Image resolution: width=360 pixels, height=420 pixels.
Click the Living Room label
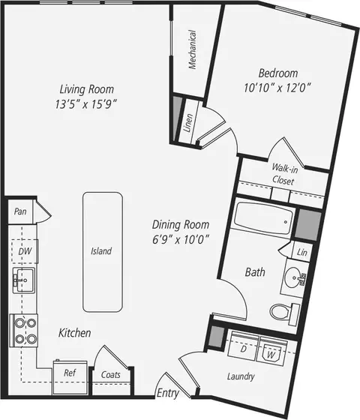(86, 89)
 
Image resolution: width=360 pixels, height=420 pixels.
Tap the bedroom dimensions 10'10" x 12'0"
(277, 88)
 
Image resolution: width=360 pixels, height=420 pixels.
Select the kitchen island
(103, 252)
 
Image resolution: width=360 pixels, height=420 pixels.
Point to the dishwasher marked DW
(25, 251)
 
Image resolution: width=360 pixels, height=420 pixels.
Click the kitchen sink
(23, 280)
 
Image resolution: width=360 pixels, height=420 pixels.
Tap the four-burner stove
(24, 331)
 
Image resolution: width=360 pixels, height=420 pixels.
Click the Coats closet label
(111, 374)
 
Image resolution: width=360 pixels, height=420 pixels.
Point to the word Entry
(168, 393)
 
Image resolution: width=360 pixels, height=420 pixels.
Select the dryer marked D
(243, 346)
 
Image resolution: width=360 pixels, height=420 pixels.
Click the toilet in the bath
(284, 313)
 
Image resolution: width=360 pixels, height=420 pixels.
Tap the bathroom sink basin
(294, 277)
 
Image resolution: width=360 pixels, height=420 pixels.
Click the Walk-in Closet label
(284, 174)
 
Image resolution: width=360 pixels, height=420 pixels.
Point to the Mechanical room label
(192, 49)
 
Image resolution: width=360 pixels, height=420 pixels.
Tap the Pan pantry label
(20, 211)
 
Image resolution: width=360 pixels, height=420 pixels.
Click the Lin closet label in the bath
(301, 252)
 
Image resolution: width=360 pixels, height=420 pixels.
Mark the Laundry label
(241, 376)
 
